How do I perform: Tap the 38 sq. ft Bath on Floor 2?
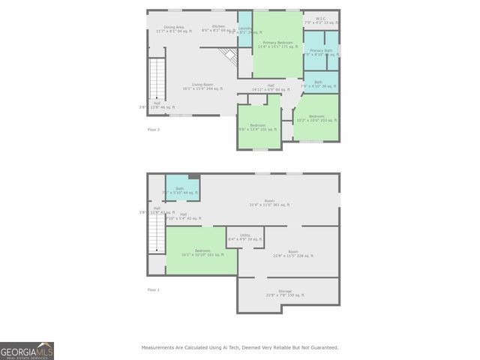[x=318, y=84]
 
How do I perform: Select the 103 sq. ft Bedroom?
[x=316, y=118]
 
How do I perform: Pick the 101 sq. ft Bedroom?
[x=257, y=127]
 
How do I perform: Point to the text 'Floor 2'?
[x=154, y=130]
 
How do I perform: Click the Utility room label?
[x=244, y=237]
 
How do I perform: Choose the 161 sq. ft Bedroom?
[x=202, y=253]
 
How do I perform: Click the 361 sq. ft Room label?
[x=269, y=202]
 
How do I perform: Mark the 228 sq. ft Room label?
[x=293, y=253]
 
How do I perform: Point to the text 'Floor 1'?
[x=154, y=289]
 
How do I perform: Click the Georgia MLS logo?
[x=27, y=351]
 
